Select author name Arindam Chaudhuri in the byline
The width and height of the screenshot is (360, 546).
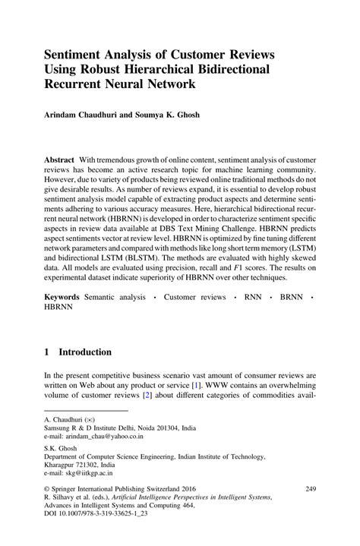83,118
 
